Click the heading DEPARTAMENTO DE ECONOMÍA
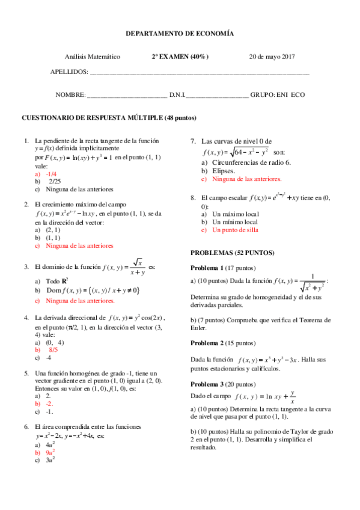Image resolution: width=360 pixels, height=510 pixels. tap(180, 35)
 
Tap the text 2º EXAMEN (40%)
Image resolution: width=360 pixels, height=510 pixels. tap(180, 57)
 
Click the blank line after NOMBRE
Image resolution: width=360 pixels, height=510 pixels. tap(127, 95)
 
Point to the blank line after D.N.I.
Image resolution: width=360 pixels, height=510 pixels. tap(216, 95)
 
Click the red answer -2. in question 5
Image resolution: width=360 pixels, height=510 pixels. tap(50, 404)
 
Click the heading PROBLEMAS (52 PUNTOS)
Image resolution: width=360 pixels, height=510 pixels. tap(232, 253)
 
